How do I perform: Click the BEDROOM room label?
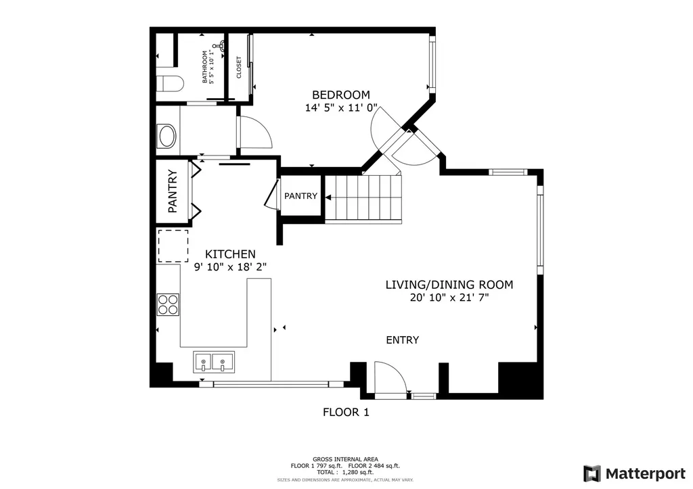point(341,95)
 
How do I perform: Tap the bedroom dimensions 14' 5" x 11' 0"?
point(341,108)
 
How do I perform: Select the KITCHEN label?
point(230,254)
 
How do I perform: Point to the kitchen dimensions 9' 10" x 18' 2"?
point(230,267)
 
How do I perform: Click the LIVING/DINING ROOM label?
point(449,285)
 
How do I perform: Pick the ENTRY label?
point(402,340)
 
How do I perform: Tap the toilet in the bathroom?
point(171,83)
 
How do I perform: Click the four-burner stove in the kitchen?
point(168,304)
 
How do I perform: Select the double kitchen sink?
point(214,361)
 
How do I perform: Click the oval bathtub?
point(168,136)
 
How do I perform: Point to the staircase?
point(363,197)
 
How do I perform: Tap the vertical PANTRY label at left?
point(173,191)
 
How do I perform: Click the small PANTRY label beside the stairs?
point(300,195)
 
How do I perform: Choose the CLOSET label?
point(239,68)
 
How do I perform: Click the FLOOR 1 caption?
point(346,413)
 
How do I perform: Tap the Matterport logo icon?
point(591,473)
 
